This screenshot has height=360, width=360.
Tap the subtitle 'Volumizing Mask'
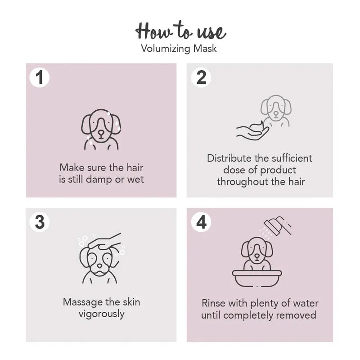[x=179, y=49]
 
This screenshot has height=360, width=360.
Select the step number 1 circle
[x=40, y=77]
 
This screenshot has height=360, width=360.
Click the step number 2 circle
[x=201, y=77]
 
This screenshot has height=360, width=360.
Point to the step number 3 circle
[x=40, y=222]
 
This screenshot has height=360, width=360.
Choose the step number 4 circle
[x=201, y=222]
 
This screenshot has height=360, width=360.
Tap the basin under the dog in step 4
[x=257, y=279]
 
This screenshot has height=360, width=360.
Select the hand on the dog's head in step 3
[x=105, y=242]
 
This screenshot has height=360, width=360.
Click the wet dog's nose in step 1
[x=101, y=133]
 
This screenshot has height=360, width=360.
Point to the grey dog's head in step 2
[x=276, y=108]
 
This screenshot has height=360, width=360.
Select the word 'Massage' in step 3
[x=83, y=302]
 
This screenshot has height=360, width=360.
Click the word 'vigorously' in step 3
[x=102, y=314]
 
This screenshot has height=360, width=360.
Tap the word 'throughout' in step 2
[x=242, y=182]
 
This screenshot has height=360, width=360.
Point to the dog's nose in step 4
[x=257, y=256]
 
